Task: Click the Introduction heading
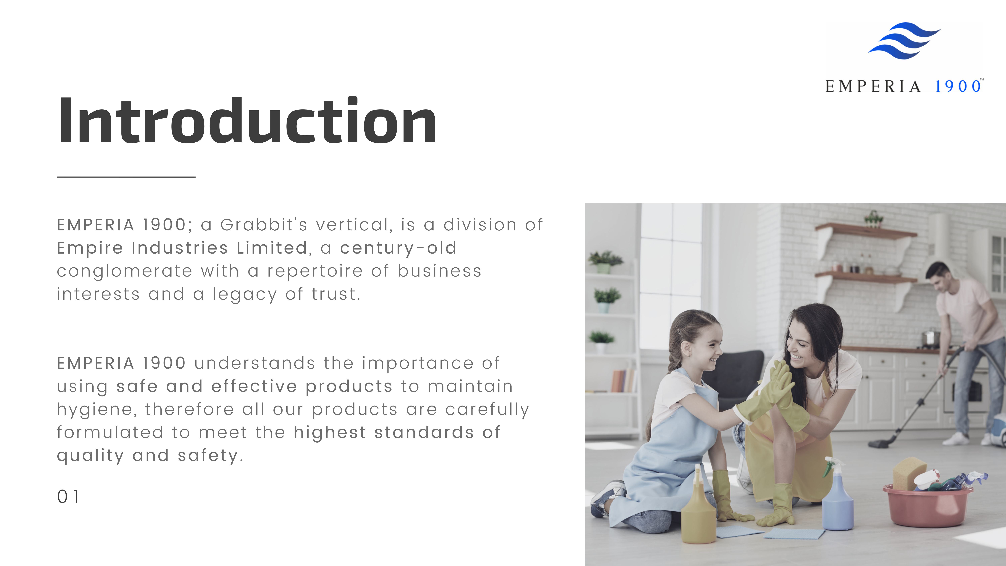(x=247, y=121)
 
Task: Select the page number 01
(x=68, y=497)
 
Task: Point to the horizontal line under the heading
(x=126, y=177)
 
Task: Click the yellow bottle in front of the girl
(x=698, y=512)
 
